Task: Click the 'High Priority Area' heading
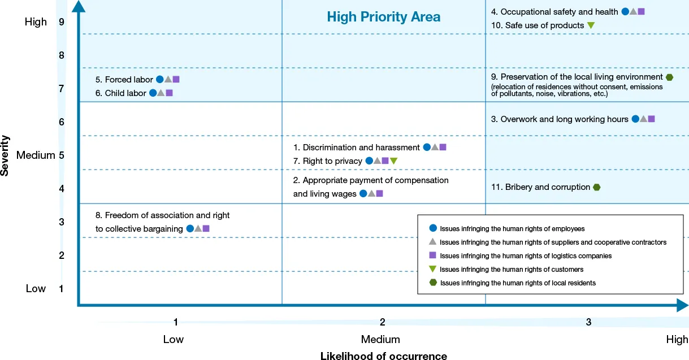383,17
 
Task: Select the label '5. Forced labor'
124,80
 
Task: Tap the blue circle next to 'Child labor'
153,93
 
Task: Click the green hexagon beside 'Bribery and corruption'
596,187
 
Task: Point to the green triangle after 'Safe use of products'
591,25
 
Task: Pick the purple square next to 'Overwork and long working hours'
651,119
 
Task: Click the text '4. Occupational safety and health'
554,12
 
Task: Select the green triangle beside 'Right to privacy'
394,161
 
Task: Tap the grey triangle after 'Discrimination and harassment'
435,148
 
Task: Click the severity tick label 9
61,22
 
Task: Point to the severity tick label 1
61,289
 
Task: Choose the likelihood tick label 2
383,322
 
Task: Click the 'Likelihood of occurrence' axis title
383,355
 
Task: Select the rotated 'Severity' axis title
5,155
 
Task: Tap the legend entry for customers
511,270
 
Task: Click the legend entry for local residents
517,283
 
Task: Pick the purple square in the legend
433,255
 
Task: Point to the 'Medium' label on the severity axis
35,155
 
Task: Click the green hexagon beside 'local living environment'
669,77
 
